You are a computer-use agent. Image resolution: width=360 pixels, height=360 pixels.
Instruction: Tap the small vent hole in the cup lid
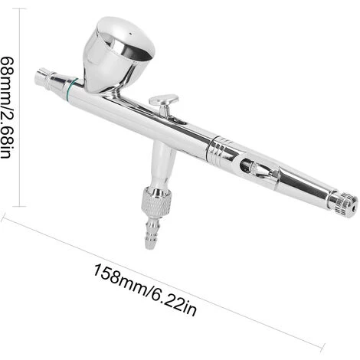pyautogui.click(x=130, y=34)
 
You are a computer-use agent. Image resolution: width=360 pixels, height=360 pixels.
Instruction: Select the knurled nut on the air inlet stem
pyautogui.click(x=156, y=201)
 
